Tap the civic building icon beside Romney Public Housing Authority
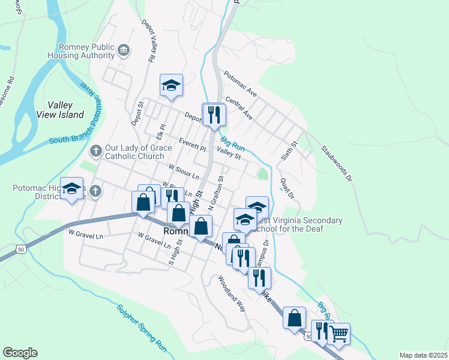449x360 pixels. [124, 50]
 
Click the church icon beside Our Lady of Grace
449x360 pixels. [95, 150]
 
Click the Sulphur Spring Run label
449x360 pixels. [142, 327]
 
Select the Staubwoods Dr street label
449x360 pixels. [335, 163]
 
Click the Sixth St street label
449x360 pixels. [289, 151]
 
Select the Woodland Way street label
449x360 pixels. [232, 293]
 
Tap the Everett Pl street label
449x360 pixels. [192, 144]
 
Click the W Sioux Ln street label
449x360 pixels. [184, 172]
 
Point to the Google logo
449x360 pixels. [20, 353]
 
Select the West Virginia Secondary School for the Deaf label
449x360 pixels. [298, 224]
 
